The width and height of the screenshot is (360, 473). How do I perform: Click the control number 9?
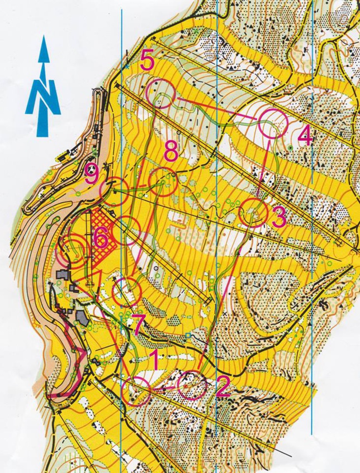pos(92,175)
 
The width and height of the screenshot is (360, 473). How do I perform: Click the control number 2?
pos(222,387)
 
